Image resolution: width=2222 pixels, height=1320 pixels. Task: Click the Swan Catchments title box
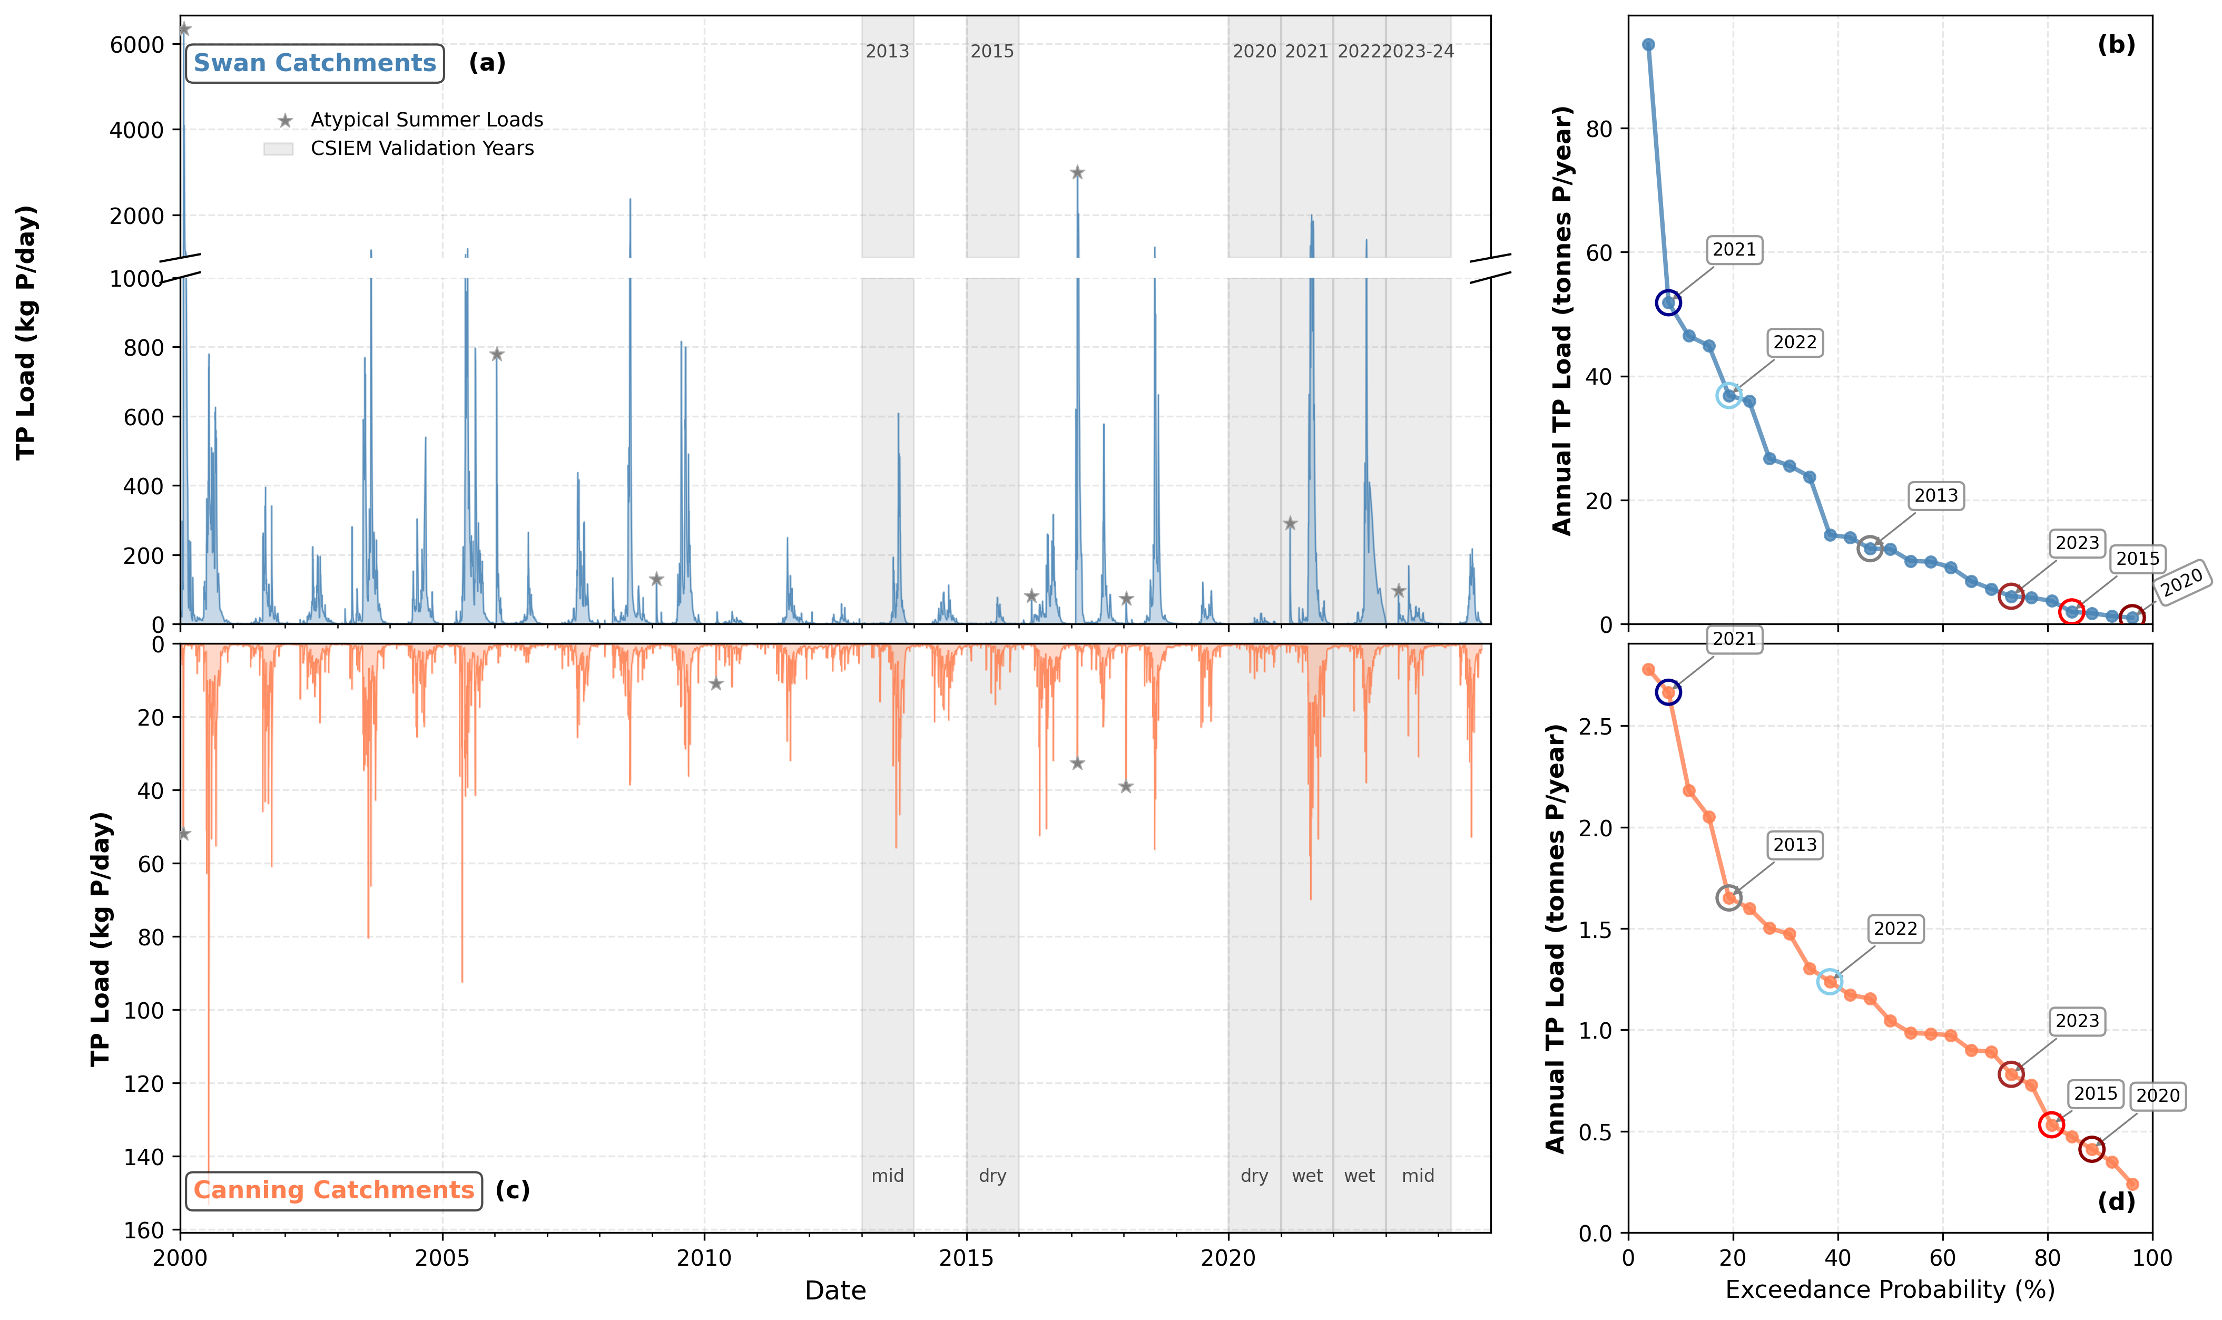(x=315, y=63)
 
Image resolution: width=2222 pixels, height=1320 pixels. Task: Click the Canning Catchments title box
(x=333, y=1190)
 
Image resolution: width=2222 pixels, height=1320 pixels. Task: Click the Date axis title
(x=835, y=1290)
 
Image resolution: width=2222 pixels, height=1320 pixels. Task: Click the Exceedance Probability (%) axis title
(x=1890, y=1290)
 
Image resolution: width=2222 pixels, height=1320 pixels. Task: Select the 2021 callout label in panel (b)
(x=1734, y=250)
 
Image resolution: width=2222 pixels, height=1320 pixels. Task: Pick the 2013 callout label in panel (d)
(x=1794, y=845)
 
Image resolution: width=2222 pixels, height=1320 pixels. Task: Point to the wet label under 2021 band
(x=1307, y=1176)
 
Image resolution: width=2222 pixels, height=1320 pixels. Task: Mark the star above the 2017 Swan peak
(x=1077, y=172)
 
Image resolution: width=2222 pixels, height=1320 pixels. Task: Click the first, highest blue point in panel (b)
(x=1648, y=44)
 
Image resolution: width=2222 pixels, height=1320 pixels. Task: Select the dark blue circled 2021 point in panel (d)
(x=1668, y=692)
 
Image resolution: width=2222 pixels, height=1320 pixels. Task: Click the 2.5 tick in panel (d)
(x=1595, y=726)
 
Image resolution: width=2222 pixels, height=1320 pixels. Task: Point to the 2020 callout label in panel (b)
(x=2182, y=583)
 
